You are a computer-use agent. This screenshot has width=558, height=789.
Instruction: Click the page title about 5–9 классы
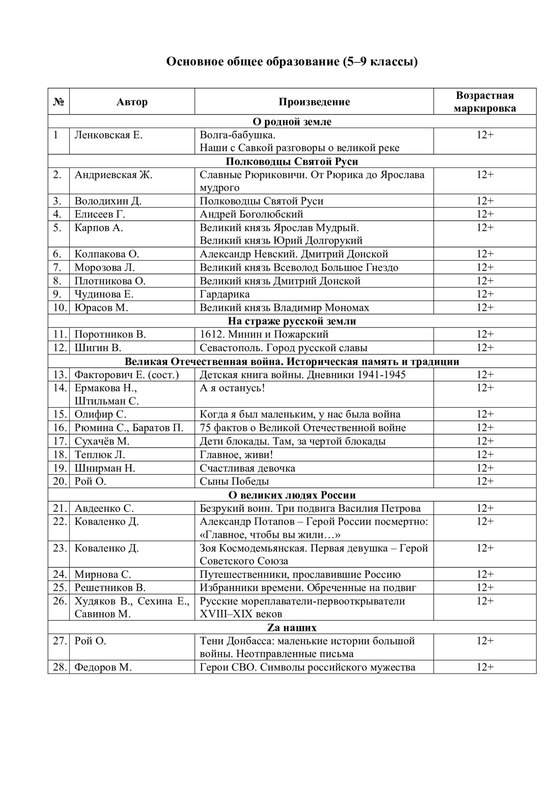coord(292,62)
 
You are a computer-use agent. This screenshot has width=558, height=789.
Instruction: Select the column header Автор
coord(132,102)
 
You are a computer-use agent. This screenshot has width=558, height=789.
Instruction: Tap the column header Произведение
coord(314,102)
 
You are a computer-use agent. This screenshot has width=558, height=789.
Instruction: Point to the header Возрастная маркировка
coord(485,102)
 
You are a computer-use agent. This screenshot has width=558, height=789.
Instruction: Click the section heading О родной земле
coord(292,122)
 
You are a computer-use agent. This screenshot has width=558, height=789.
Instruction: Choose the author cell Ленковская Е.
coord(109,135)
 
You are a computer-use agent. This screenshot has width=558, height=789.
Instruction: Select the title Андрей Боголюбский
coord(251,214)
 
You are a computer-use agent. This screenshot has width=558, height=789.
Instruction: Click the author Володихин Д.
coord(108,201)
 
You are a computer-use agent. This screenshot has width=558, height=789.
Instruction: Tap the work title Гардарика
coord(225,294)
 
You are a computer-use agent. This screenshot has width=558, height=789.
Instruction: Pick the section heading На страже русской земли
coord(292,321)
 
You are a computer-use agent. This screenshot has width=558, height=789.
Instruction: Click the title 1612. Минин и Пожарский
coord(264,335)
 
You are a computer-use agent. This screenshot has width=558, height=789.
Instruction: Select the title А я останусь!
coord(232,388)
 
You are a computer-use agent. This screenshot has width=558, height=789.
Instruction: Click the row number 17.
coord(59,441)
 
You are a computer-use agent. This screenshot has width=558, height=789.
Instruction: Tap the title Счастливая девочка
coord(247,468)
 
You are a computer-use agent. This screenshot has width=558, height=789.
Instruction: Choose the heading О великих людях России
coord(292,495)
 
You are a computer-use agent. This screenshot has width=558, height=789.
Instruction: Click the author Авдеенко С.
coord(104,509)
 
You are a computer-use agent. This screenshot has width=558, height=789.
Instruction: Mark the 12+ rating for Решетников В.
coord(485,588)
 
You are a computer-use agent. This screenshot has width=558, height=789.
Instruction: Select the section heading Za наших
coord(292,628)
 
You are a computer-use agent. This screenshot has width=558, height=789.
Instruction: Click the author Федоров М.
coord(103,667)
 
